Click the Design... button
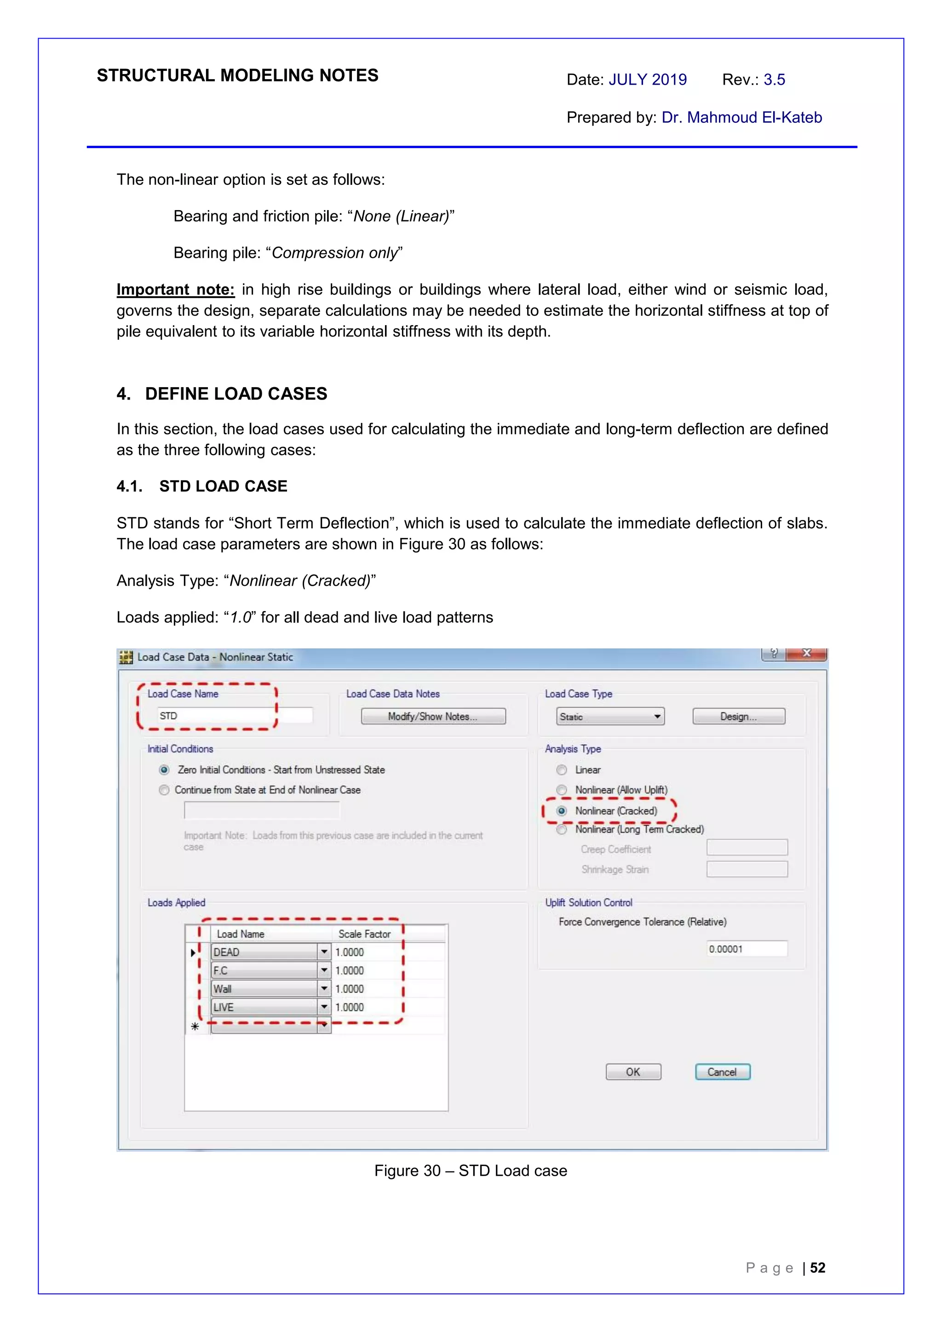pos(738,716)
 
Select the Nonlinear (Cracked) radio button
pos(562,811)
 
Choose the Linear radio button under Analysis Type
pos(562,770)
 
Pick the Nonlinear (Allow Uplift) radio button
pos(562,790)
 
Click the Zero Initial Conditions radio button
pos(164,770)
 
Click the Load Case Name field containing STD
pos(232,716)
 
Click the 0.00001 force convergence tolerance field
pos(747,949)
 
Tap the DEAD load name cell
pos(264,952)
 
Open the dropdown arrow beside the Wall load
pos(324,989)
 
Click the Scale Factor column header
pos(364,934)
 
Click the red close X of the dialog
pos(806,654)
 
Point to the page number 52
pos(817,1268)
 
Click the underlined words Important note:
pos(175,290)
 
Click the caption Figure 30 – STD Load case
pos(470,1171)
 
